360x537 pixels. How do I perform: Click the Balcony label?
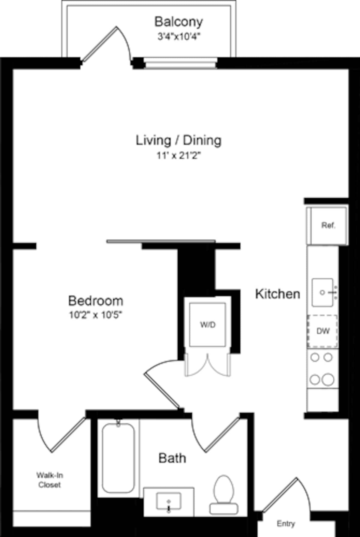point(178,22)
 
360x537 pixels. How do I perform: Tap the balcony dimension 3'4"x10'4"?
point(179,37)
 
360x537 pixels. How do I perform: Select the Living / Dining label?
point(178,140)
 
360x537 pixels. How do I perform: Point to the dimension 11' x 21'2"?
point(178,156)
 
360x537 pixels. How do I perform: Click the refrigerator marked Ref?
point(328,225)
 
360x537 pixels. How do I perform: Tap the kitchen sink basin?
point(322,292)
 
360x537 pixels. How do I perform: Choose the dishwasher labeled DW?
point(322,331)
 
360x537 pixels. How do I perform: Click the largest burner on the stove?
point(328,380)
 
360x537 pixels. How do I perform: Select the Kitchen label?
point(277,294)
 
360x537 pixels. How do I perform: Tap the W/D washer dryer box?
point(208,325)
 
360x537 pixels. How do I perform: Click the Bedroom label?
point(96,301)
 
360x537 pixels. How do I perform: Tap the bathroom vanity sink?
point(169,501)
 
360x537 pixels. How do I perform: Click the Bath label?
point(172,458)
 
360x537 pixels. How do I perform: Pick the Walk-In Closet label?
point(49,480)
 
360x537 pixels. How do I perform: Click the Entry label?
point(286,524)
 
